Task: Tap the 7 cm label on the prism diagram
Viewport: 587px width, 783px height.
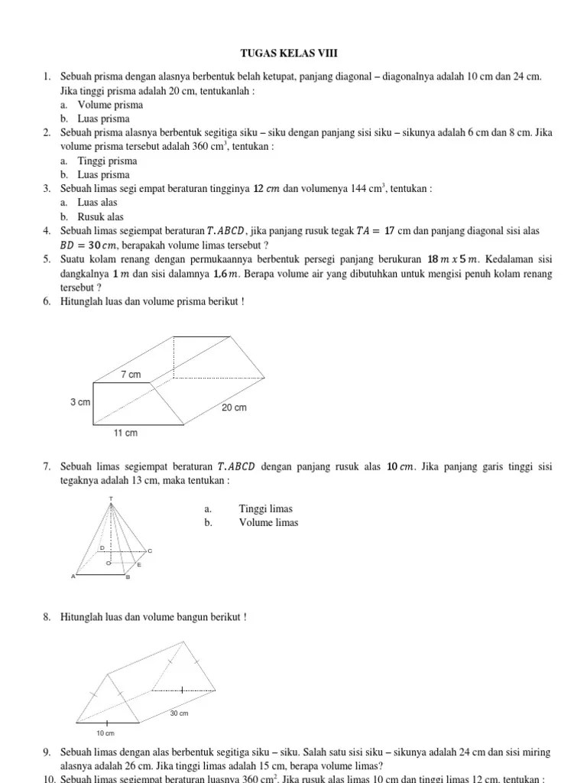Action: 131,374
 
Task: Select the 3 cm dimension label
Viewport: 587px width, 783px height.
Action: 80,402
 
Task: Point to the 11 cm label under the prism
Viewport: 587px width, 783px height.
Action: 125,433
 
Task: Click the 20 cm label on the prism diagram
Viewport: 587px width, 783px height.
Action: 234,408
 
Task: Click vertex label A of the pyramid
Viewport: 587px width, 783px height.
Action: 73,577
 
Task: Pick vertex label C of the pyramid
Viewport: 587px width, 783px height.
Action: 150,551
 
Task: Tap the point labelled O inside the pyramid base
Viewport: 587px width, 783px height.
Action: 108,564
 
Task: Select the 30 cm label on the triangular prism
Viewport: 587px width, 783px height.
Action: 179,713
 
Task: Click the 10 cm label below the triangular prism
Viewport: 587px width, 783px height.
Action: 105,733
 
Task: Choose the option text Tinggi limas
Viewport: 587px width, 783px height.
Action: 265,508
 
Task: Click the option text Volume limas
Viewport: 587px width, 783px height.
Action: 268,522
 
